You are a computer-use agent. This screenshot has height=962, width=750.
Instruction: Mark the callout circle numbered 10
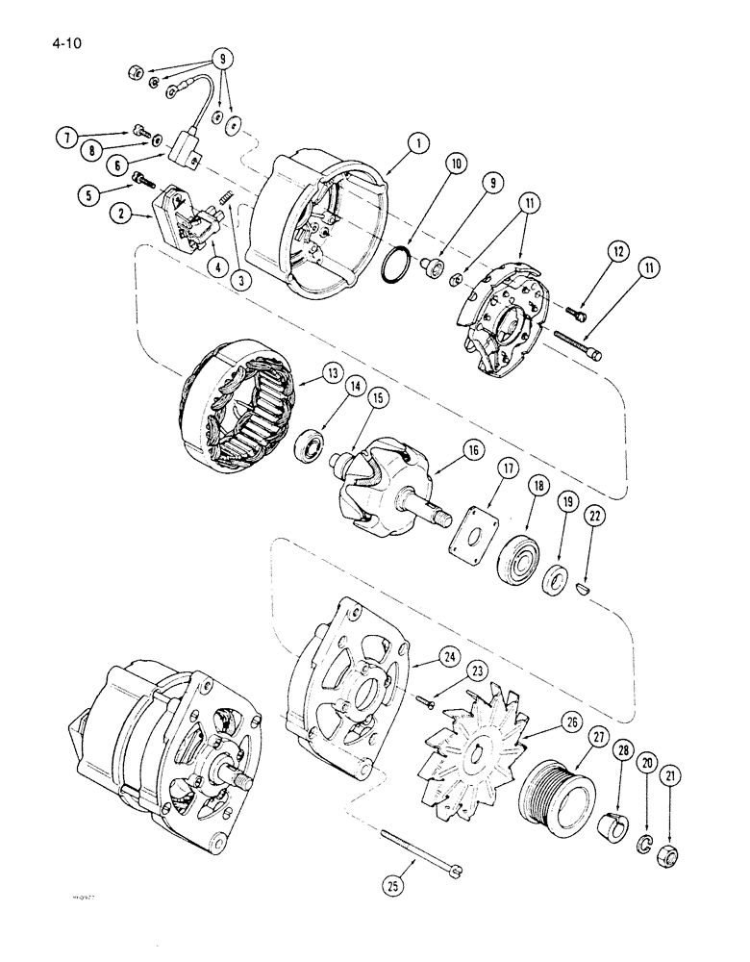(x=454, y=165)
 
